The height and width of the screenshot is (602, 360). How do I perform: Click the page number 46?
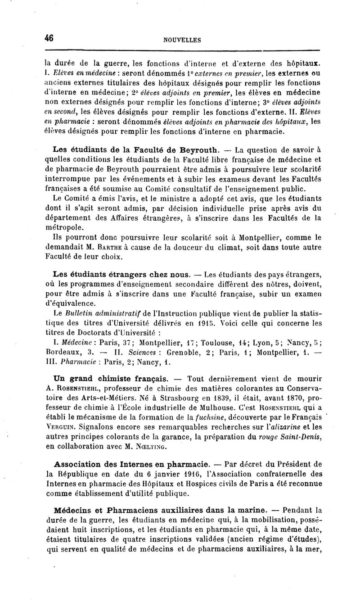click(49, 38)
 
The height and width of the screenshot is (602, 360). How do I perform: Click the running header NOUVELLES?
click(182, 40)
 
